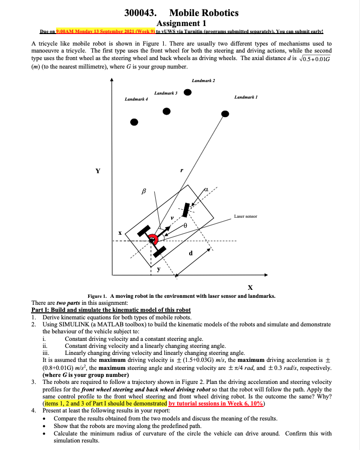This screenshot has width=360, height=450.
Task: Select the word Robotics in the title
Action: click(x=218, y=13)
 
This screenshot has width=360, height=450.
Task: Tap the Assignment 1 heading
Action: click(x=180, y=23)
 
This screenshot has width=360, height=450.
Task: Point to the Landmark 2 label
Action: click(x=203, y=80)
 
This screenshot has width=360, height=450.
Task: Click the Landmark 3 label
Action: click(x=166, y=93)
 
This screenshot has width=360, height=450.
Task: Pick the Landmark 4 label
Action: click(x=136, y=99)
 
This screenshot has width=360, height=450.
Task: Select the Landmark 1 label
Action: click(x=245, y=97)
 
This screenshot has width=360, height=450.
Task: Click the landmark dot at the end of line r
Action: click(x=225, y=114)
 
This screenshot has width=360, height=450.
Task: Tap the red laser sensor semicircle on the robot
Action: click(x=157, y=240)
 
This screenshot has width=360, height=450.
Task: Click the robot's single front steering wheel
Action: click(x=186, y=210)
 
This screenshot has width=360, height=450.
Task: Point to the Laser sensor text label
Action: click(x=245, y=216)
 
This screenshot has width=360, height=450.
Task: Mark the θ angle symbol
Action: click(x=184, y=226)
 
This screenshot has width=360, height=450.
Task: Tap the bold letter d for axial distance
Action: click(x=190, y=253)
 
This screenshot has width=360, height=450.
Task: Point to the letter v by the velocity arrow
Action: click(x=171, y=218)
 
